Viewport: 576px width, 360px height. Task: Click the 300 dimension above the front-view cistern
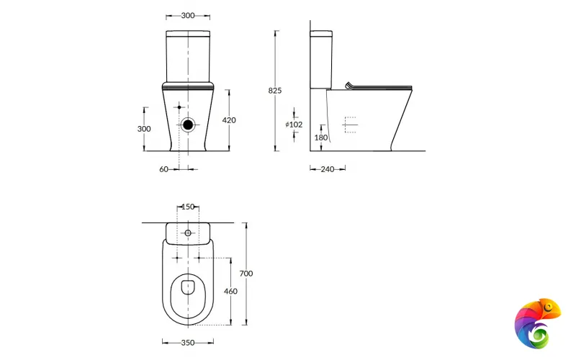[188, 15]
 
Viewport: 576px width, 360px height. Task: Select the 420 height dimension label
[229, 120]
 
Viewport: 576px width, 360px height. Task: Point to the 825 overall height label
[274, 91]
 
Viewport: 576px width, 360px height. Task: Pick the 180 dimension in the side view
[320, 138]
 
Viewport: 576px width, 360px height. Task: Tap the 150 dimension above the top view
[188, 207]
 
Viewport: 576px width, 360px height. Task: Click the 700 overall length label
[246, 274]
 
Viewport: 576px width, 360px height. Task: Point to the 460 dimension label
[230, 291]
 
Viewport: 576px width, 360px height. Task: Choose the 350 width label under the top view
[188, 343]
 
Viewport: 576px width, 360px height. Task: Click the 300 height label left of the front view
[144, 128]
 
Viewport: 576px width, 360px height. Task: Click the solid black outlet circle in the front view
[188, 124]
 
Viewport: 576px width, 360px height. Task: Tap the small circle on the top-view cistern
[188, 233]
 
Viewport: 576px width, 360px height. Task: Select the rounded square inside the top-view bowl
[189, 288]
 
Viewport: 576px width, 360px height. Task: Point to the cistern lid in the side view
[321, 33]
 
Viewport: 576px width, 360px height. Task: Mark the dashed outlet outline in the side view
[350, 125]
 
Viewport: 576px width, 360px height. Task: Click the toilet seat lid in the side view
[379, 87]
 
